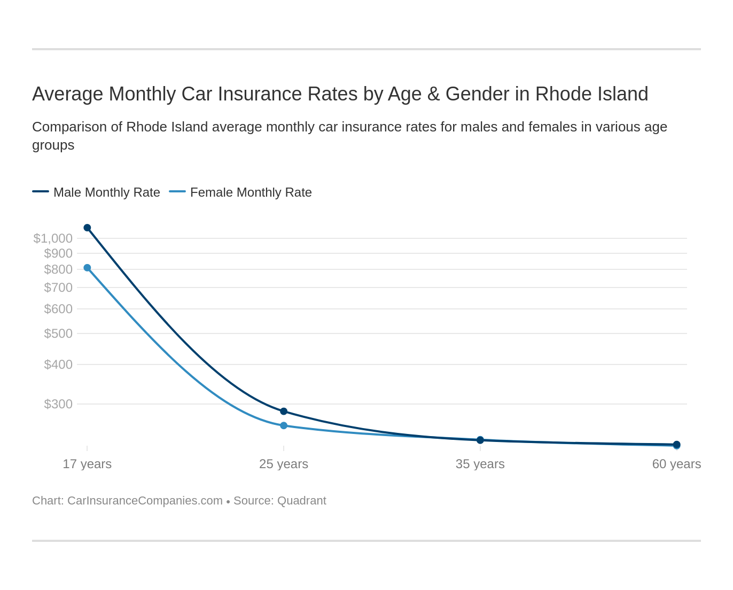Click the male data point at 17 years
87,228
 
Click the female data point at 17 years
87,268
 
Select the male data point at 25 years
284,412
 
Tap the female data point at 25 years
284,425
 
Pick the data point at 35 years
480,440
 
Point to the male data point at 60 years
676,444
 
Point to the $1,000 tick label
53,238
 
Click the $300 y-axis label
58,404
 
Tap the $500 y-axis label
58,333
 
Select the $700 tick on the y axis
58,288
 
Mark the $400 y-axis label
58,364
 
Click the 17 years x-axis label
87,464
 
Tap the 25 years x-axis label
284,464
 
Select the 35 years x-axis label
480,464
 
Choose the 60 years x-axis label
676,464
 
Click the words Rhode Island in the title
591,94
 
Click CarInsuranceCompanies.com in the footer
145,501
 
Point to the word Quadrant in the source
302,501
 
